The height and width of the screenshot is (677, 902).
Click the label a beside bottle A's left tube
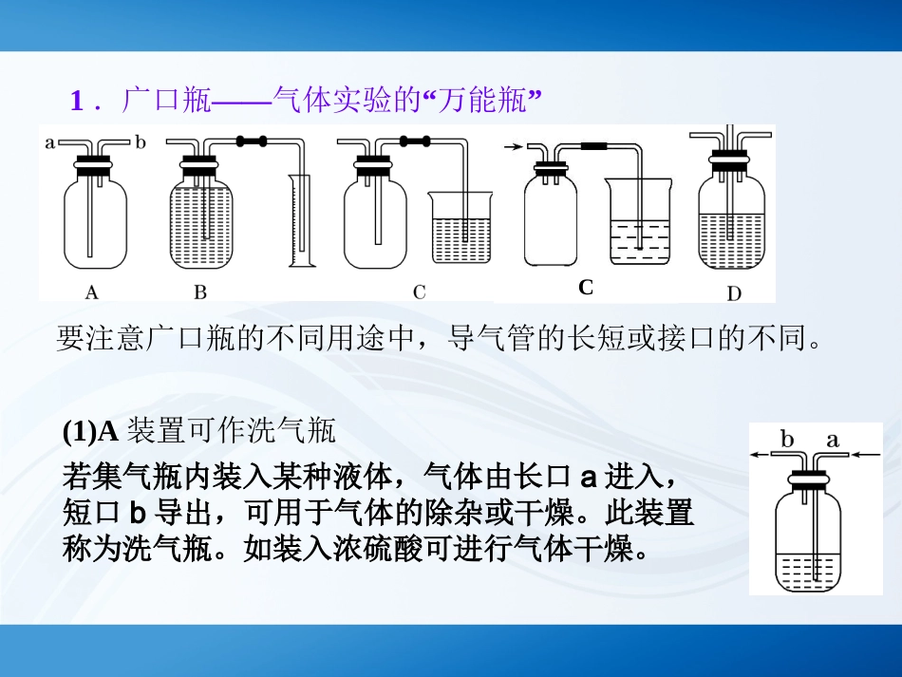coord(50,142)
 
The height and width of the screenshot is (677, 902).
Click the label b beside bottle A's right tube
coord(141,141)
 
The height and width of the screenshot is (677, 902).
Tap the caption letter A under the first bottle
coord(91,292)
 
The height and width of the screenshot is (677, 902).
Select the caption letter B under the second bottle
coord(200,292)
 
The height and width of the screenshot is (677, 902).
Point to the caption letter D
coord(734,294)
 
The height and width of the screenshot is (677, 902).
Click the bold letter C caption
coord(586,287)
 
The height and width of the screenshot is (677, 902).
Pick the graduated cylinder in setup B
coord(301,221)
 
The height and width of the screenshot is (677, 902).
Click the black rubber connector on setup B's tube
coord(252,141)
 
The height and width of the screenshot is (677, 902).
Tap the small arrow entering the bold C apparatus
coord(513,147)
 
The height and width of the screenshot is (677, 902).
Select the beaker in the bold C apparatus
coord(639,221)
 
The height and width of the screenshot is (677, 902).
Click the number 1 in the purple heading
coord(77,101)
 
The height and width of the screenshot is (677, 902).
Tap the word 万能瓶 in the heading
coord(482,100)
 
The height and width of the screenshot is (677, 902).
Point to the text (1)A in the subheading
coord(90,431)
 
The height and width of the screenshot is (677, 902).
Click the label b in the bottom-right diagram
coord(787,440)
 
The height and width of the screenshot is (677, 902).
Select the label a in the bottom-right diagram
coord(833,441)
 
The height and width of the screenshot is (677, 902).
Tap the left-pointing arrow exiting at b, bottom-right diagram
coord(760,455)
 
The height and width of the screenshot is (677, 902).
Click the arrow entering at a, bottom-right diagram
coord(866,455)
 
